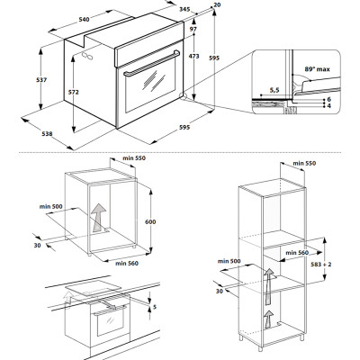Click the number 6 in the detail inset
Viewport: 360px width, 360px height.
point(329,99)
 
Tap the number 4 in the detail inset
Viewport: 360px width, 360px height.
point(329,107)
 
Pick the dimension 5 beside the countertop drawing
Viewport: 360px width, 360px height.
point(155,308)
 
